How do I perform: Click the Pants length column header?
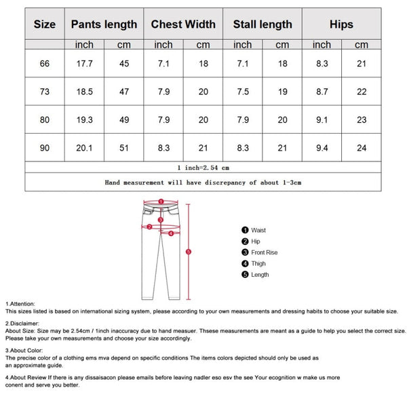point(104,24)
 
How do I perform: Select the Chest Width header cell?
point(183,24)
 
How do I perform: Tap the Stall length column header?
point(263,24)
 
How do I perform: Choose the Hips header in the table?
point(341,24)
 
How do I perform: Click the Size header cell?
point(45,24)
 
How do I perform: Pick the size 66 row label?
point(45,64)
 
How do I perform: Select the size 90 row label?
point(45,148)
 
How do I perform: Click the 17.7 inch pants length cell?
point(84,64)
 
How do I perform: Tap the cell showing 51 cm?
point(124,148)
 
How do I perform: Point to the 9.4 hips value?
point(322,148)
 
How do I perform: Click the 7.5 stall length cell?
point(243,92)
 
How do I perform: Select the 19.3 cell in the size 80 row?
point(84,120)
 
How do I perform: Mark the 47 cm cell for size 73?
point(124,92)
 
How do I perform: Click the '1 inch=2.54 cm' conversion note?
point(203,167)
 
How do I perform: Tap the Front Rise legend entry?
point(264,252)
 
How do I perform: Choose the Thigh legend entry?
point(258,264)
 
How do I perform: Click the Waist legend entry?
point(258,231)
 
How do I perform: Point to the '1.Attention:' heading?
point(20,304)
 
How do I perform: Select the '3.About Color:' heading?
point(24,351)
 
